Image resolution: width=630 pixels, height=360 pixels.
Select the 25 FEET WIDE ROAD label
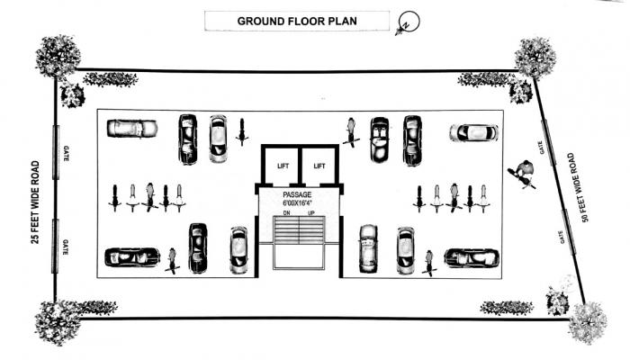pyautogui.click(x=35, y=202)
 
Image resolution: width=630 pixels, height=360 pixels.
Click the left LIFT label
pyautogui.click(x=283, y=166)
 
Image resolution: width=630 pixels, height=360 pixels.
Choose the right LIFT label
pyautogui.click(x=319, y=166)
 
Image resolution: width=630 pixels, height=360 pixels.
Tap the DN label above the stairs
pyautogui.click(x=287, y=214)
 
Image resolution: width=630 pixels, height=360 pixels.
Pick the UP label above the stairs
pyautogui.click(x=311, y=214)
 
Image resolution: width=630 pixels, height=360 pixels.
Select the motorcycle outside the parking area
pyautogui.click(x=520, y=173)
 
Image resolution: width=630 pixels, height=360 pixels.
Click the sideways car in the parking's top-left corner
pyautogui.click(x=131, y=129)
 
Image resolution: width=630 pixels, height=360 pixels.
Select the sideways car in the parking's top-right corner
pyautogui.click(x=473, y=133)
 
